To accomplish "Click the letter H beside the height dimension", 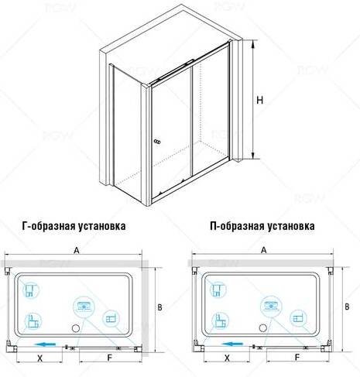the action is [260, 100].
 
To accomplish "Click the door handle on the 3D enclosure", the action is [157, 142].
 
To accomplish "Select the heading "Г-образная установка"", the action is [74, 226].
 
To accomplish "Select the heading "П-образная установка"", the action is [262, 226].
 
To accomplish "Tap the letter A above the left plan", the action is [77, 250].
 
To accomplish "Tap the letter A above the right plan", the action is [263, 250].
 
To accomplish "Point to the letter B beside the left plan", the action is [159, 307].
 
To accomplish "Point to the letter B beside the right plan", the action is [347, 307].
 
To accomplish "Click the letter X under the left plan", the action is [39, 358].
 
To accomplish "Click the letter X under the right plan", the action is [227, 358].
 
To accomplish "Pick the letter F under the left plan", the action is [110, 358].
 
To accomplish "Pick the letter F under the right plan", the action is [297, 358].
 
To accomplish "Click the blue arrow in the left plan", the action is [46, 344].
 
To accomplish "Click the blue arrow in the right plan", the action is [232, 344].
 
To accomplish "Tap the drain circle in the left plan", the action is [76, 329].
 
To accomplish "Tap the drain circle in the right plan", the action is [263, 328].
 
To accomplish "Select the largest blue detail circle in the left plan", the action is [84, 307].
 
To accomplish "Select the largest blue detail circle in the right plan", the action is [271, 307].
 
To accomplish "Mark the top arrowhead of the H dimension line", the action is [253, 44].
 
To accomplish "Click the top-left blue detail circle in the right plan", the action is [218, 290].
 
